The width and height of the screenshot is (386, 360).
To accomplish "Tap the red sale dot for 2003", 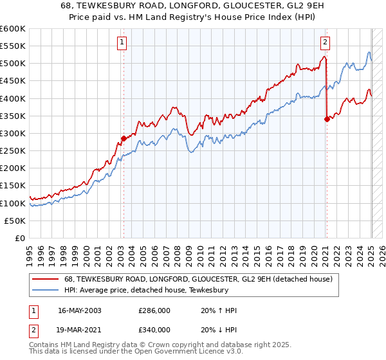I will coord(124,138).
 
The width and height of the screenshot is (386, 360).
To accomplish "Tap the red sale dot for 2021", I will coord(327,119).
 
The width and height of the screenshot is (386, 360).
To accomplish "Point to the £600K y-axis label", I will coord(13,29).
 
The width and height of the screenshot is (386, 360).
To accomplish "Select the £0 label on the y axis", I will coord(19,238).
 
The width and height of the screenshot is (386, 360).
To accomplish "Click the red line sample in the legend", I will coord(45,279).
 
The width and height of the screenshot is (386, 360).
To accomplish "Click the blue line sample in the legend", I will coord(45,290).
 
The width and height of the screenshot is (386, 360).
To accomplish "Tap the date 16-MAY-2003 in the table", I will coord(80,310).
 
